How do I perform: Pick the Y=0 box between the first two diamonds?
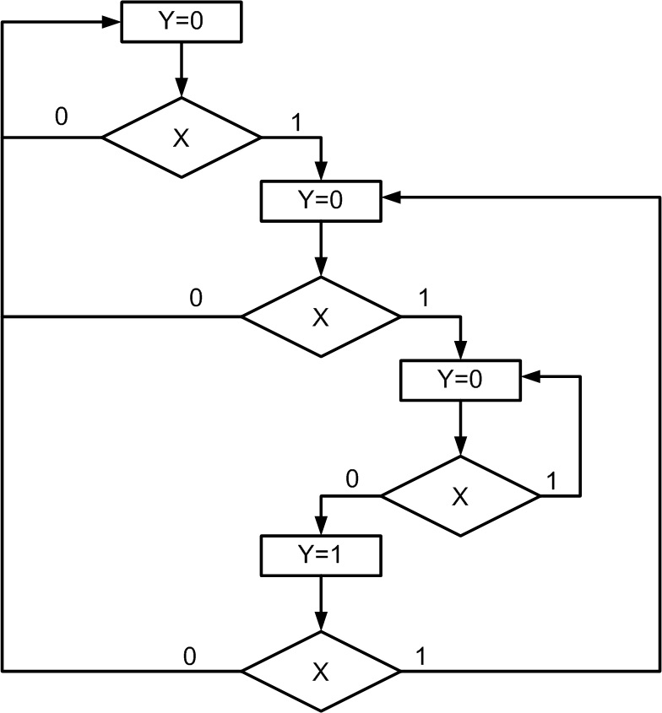pos(321,200)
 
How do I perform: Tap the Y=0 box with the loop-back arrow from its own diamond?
pos(460,380)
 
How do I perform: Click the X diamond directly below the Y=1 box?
pos(321,672)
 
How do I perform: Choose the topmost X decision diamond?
pos(182,138)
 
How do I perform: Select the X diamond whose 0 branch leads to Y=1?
pos(460,496)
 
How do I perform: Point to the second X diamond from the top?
pos(321,317)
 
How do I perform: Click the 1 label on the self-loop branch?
pos(551,481)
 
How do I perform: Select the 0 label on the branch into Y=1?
pos(351,479)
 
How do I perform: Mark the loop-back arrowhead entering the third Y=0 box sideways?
pos(530,378)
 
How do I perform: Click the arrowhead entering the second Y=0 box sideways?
pos(390,199)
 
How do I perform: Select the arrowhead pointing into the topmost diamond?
pos(182,91)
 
